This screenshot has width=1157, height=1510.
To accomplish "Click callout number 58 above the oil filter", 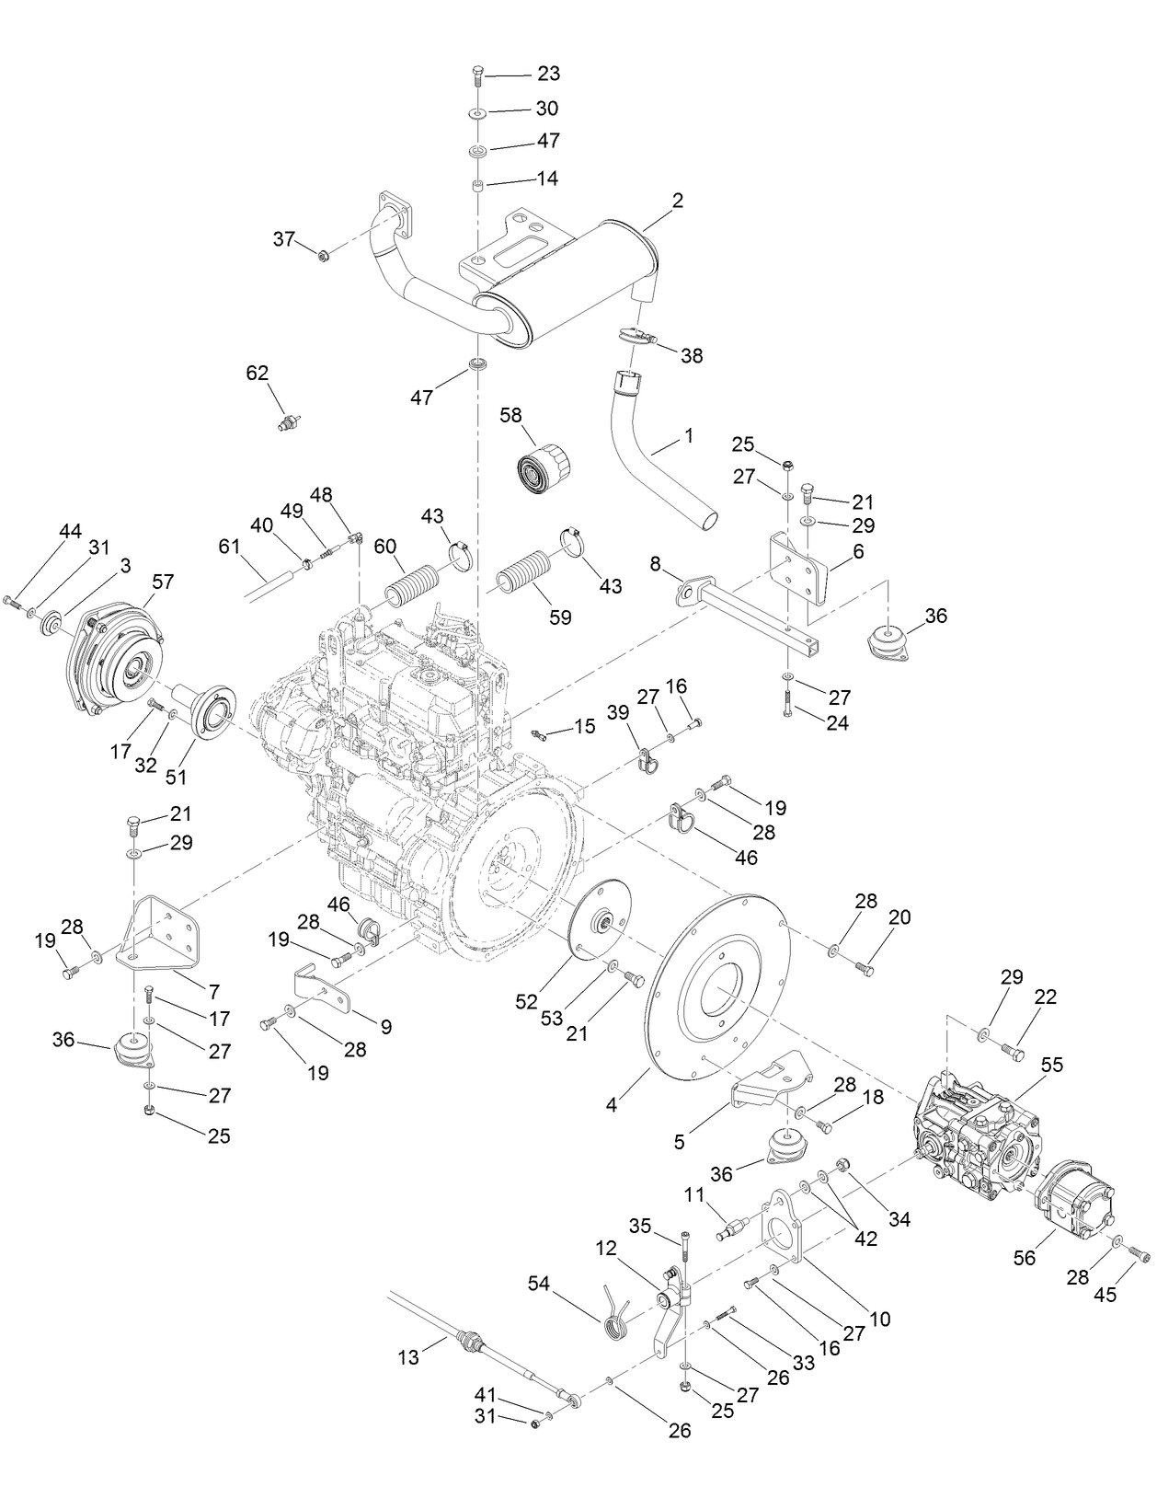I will pyautogui.click(x=510, y=416).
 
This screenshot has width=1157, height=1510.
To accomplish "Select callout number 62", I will pyautogui.click(x=258, y=373).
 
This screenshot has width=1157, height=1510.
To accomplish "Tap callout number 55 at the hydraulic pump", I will pyautogui.click(x=1051, y=1065).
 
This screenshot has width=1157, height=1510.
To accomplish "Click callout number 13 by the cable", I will pyautogui.click(x=408, y=1356).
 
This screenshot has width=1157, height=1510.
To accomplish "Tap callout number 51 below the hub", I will pyautogui.click(x=176, y=777).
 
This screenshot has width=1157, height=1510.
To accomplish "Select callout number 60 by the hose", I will pyautogui.click(x=384, y=547).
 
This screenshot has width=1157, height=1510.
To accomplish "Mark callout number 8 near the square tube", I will pyautogui.click(x=655, y=564).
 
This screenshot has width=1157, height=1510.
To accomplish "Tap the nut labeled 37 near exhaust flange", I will pyautogui.click(x=324, y=255).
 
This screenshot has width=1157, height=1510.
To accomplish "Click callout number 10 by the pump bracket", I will pyautogui.click(x=880, y=1319).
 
